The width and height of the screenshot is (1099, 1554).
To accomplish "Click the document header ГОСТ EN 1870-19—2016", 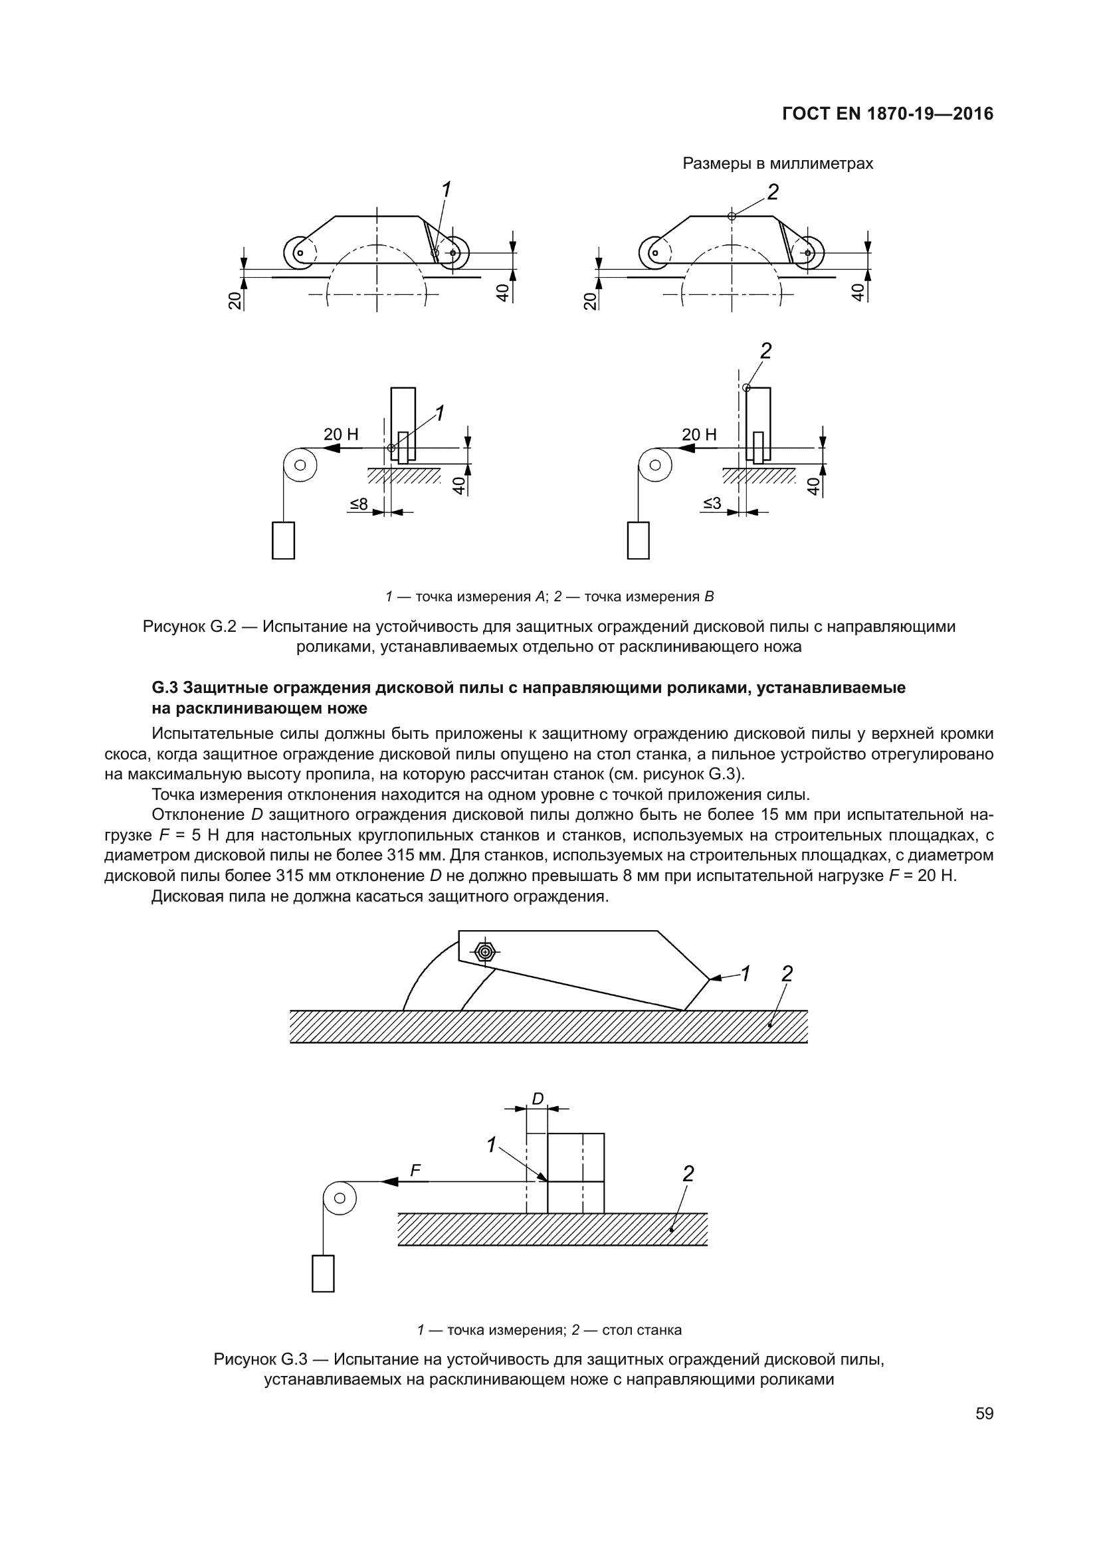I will point(888,114).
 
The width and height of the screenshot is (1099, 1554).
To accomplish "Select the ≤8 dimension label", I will point(359,504).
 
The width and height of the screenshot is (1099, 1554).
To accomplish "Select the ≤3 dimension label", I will point(712,504).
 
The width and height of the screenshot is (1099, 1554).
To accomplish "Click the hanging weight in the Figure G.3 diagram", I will point(323,1273).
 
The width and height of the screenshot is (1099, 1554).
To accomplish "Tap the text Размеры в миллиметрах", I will point(777,164).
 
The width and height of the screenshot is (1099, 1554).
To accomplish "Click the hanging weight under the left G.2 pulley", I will point(283,540).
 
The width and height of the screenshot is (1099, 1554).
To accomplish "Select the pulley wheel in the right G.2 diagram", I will point(654,465).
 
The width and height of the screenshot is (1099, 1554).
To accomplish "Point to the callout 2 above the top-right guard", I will point(773,193).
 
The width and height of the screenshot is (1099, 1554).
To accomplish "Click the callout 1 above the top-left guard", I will point(445,190).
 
